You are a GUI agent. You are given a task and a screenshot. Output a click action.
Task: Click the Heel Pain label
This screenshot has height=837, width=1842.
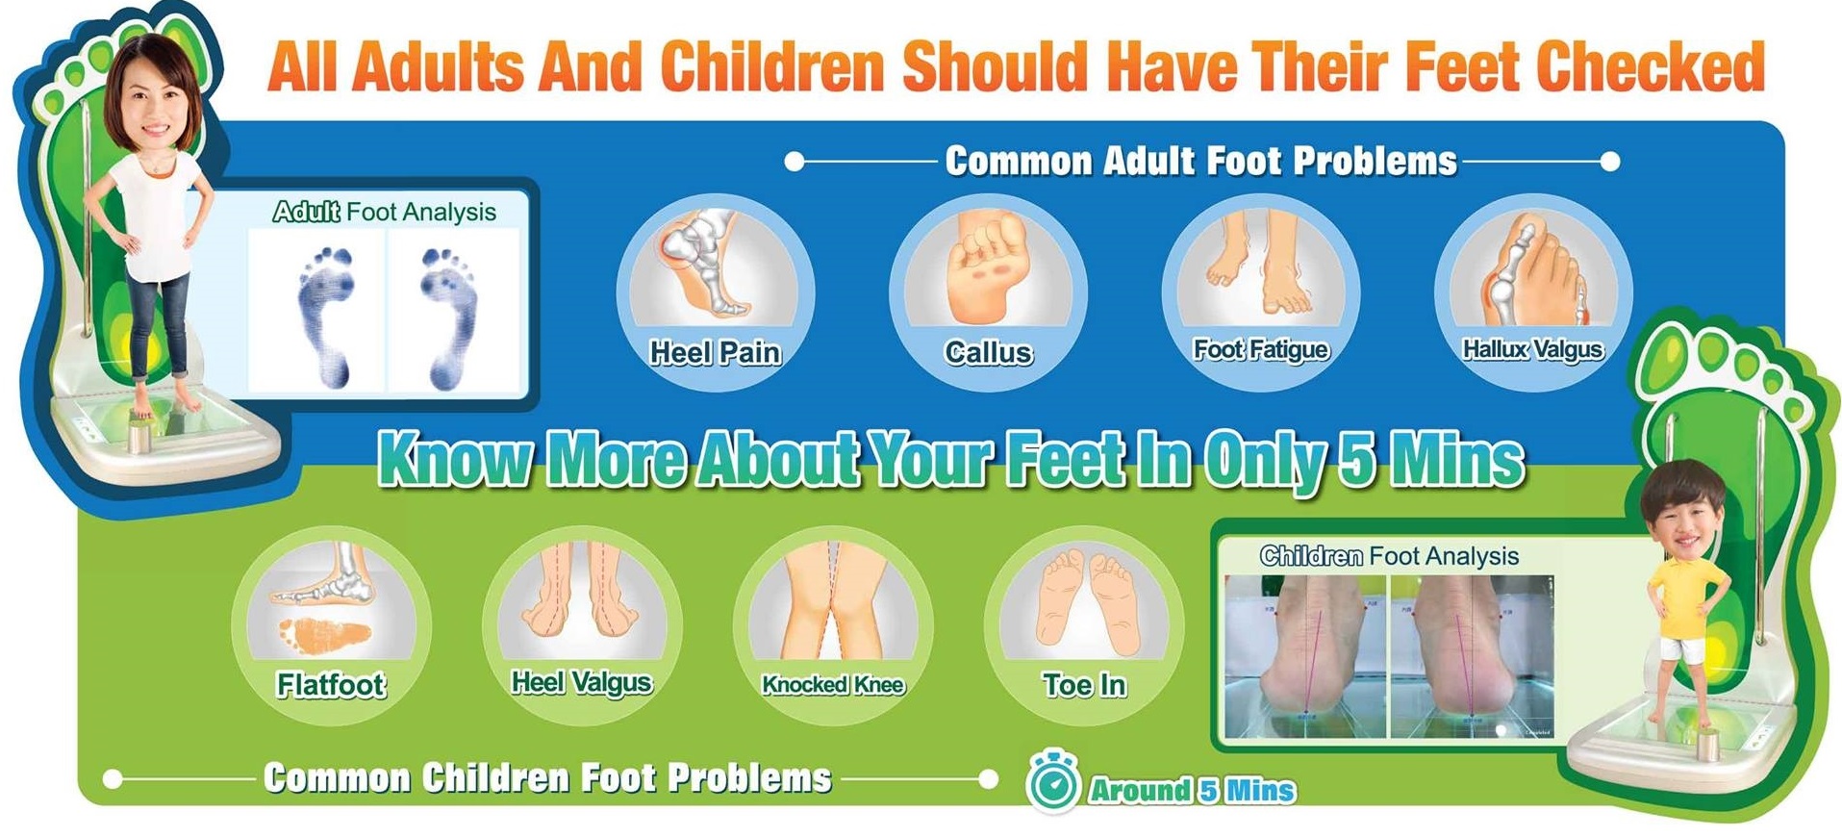[715, 353]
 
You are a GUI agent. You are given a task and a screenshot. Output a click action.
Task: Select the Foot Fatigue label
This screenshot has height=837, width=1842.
[1261, 349]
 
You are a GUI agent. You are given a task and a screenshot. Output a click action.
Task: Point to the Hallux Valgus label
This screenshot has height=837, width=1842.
[1533, 349]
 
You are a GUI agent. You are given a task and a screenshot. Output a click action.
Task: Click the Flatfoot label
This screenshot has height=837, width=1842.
[331, 684]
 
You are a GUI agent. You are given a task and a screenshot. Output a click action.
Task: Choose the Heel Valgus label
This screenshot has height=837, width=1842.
[582, 683]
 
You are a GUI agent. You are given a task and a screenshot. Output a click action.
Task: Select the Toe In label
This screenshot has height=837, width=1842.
[1084, 684]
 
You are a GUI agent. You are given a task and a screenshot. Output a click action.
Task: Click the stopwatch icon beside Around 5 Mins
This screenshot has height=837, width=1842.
[1051, 783]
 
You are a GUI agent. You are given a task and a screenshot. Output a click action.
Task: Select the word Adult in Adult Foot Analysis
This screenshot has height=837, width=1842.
[306, 212]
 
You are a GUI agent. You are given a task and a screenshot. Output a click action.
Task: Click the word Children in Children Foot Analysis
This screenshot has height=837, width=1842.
[1311, 556]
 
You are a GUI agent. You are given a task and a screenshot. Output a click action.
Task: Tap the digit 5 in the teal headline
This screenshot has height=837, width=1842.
[1357, 460]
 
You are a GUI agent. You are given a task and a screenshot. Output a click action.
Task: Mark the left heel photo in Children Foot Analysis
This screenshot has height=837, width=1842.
[1305, 656]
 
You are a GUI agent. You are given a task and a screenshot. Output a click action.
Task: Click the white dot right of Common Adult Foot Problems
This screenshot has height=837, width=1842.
[1610, 162]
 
